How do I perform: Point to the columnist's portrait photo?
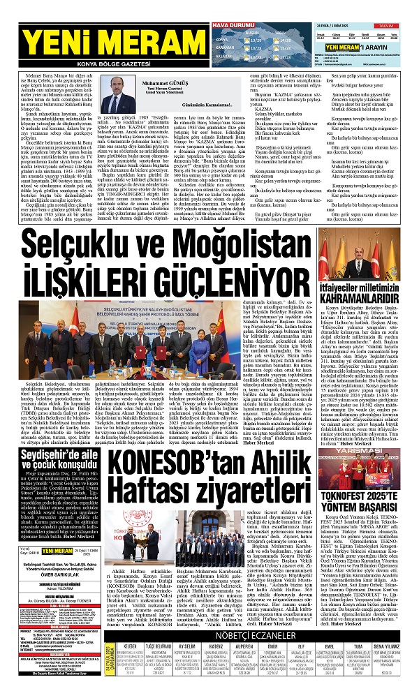tap(114, 96)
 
